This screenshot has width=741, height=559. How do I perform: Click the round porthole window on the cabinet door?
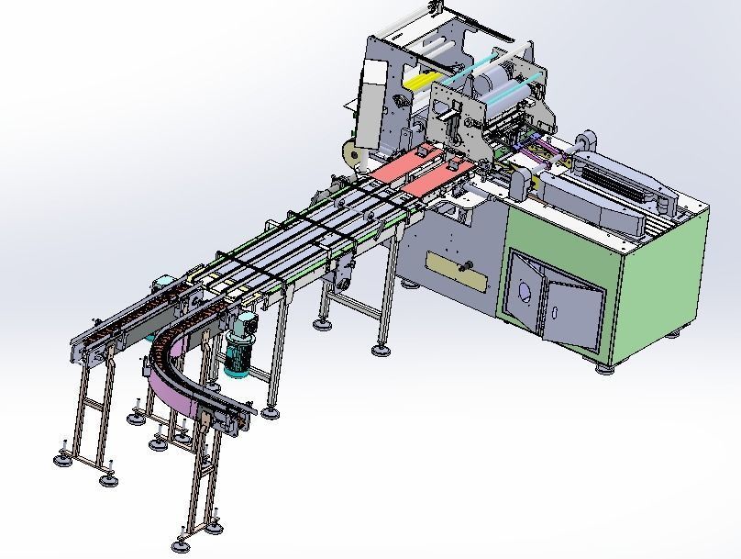[x=525, y=293]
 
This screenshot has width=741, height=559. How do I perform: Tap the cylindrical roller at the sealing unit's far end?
[x=584, y=140]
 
